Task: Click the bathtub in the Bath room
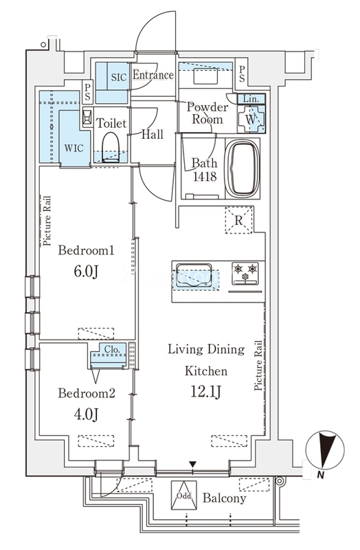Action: coord(242,168)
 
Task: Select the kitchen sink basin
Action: coord(194,276)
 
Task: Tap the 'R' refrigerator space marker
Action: coord(238,220)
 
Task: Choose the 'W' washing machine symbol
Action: coord(251,119)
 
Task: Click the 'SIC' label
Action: coord(118,77)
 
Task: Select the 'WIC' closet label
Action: coord(74,148)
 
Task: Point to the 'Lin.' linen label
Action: coord(251,99)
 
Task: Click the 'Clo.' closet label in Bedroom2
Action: coord(112,349)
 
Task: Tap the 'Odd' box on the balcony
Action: coord(183,495)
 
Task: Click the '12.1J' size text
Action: coord(206,391)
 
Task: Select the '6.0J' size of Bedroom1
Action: coord(86,271)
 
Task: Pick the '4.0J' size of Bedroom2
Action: coord(86,414)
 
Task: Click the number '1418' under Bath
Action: coord(205,176)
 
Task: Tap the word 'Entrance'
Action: coord(153,75)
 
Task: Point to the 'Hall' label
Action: coord(152,134)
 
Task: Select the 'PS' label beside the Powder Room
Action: coord(242,74)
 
